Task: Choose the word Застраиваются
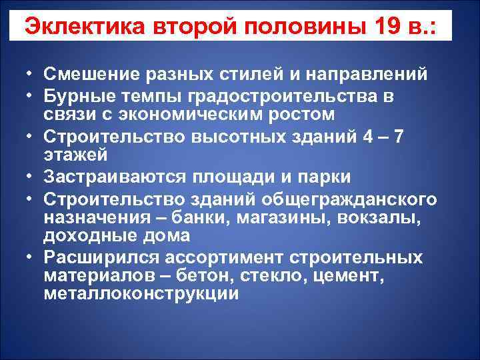[x=117, y=179]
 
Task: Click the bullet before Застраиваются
[x=32, y=179]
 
